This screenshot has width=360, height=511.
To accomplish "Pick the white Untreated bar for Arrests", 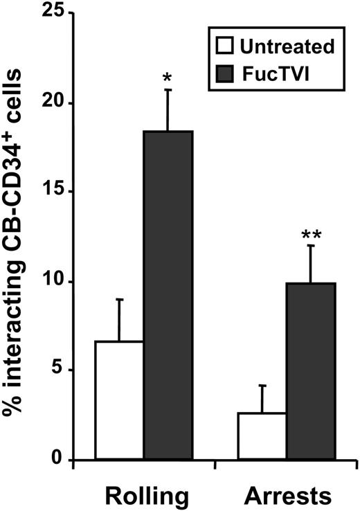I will point(262,436).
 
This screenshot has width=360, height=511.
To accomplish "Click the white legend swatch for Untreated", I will point(224,48).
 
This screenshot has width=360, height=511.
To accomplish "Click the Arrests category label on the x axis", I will point(286,496).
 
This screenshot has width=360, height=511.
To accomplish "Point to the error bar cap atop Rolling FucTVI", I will point(168,89).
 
